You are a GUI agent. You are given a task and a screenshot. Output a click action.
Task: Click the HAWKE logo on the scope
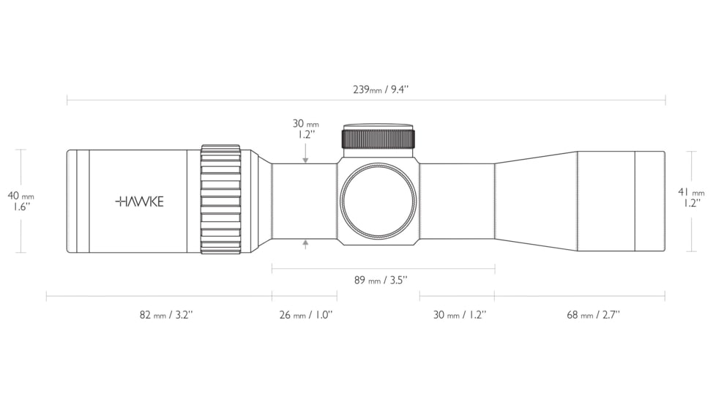(x=139, y=202)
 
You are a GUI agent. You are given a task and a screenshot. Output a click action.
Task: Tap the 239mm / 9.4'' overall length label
(x=381, y=89)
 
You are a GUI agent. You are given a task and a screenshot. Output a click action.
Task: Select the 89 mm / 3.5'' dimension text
(x=381, y=280)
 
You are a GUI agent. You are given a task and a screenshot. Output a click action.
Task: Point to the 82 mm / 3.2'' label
(x=166, y=315)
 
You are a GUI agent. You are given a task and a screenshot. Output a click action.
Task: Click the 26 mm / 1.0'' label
(x=306, y=315)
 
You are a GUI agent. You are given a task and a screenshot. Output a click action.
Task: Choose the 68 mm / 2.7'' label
(x=593, y=315)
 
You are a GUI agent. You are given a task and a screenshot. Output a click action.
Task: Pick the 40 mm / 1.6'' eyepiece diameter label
(x=21, y=201)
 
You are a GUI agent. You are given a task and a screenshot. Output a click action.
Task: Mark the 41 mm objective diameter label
(x=691, y=198)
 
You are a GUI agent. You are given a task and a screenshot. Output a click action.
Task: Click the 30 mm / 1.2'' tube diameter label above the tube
(x=305, y=129)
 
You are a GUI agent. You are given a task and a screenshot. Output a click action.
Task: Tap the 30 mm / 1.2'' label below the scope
(x=460, y=315)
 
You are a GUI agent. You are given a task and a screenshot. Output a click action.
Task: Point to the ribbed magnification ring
(x=220, y=199)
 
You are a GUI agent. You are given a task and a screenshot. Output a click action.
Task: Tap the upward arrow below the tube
(x=305, y=245)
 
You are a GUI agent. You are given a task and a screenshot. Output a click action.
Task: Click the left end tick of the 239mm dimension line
(x=67, y=100)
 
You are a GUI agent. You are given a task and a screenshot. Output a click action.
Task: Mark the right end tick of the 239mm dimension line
(x=665, y=100)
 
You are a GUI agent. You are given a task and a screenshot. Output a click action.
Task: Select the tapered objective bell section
(x=536, y=201)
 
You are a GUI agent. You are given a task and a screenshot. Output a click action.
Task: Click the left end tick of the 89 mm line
(x=272, y=269)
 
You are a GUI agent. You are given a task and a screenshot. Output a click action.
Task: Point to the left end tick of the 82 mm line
(x=47, y=296)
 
